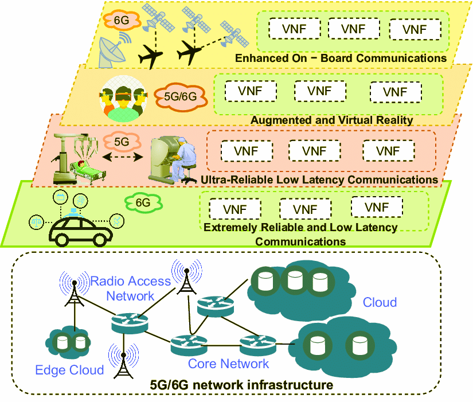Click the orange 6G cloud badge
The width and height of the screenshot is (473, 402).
122,21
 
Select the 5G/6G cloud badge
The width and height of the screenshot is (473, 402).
180,96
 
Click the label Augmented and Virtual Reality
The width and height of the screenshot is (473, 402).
331,120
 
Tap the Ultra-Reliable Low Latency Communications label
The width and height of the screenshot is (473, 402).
319,180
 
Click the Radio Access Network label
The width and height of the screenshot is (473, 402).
131,288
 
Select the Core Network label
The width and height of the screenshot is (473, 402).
228,364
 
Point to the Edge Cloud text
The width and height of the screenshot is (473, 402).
69,370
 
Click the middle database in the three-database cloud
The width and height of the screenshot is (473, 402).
295,280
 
